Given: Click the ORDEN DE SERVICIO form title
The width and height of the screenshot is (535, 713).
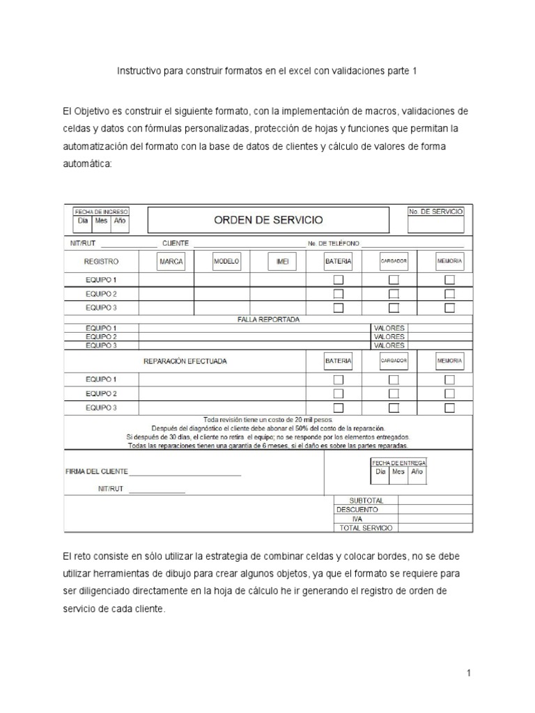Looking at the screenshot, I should click(x=268, y=220).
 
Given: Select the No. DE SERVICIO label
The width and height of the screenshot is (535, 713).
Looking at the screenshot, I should click(x=436, y=211).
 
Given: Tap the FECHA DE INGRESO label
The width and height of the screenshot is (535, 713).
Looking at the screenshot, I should click(x=102, y=211).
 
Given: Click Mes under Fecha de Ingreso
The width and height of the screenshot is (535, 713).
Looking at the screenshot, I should click(x=102, y=221).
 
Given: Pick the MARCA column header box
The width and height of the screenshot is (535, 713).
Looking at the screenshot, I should click(x=171, y=261).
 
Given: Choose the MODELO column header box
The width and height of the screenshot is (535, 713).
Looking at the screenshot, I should click(x=226, y=261).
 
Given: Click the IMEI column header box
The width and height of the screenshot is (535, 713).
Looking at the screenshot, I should click(x=282, y=261).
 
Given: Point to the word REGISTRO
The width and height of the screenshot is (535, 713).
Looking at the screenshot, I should click(x=102, y=261).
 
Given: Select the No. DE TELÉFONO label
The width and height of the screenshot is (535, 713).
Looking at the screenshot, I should click(x=334, y=243).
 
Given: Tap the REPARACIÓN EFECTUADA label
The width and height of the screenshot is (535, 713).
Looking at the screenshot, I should click(x=185, y=361).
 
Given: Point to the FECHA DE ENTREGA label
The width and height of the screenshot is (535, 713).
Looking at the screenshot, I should click(x=398, y=462).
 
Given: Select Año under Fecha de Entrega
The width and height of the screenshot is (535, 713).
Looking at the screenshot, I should click(x=417, y=471).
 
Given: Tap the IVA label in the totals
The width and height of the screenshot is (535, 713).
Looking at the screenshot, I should click(x=357, y=518).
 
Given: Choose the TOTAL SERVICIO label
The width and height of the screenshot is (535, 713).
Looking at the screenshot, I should click(x=366, y=528).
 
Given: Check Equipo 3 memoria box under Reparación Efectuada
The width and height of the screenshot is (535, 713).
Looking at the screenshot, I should click(x=449, y=407).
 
